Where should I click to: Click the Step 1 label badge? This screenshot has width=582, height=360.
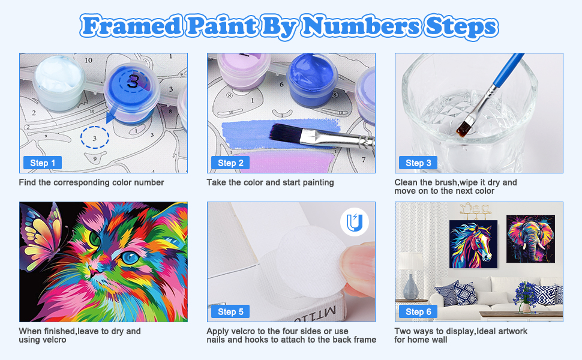coord(43,163)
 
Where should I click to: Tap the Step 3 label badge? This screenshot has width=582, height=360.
coord(418,163)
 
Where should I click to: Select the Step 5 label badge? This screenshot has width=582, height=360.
coord(230,311)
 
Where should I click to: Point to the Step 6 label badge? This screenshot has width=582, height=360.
coord(418,311)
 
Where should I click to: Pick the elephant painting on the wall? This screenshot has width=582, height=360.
coord(530,239)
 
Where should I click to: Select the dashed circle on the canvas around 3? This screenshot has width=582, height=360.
coord(94,137)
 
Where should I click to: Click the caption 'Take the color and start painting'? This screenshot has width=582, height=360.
coord(270,182)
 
